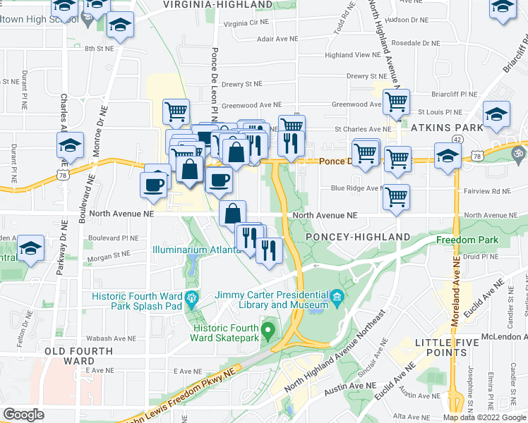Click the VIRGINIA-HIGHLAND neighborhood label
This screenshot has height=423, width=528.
click(217, 5)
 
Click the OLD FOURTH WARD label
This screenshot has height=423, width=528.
click(78, 356)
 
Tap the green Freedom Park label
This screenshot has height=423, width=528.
click(467, 240)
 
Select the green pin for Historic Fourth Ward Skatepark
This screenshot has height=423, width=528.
click(268, 329)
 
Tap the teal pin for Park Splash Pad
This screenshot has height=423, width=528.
click(191, 299)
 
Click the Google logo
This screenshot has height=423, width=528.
click(23, 415)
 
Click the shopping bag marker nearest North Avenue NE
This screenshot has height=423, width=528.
click(232, 212)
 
